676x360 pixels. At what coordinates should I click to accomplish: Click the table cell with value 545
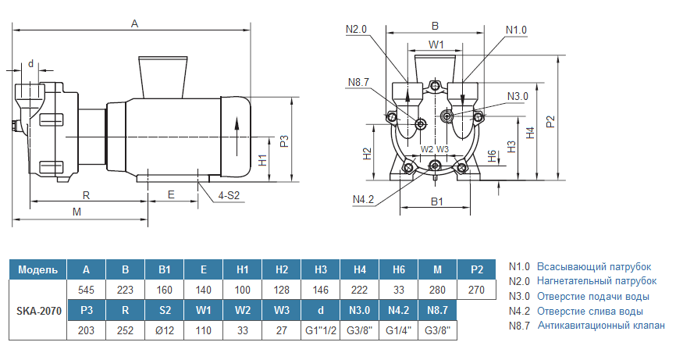pos(86,290)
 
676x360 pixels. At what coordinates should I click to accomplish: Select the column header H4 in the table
pos(359,269)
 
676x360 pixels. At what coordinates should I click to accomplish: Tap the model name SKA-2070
pos(37,310)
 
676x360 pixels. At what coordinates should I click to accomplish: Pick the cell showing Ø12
pos(164,330)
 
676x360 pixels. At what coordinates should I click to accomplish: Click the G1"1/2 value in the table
pos(320,330)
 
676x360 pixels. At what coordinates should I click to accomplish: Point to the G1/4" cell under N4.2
pos(398,330)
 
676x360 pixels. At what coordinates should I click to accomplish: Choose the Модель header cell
pos(37,269)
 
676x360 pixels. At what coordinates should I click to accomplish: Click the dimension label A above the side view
pos(134,24)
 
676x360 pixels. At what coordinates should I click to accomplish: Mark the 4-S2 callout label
pos(228,195)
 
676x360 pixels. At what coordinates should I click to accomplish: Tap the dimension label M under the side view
pos(76,212)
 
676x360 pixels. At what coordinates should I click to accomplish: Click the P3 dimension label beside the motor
pos(285,141)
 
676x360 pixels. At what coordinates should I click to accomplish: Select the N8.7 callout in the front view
pos(359,82)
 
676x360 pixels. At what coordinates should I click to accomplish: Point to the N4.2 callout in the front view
pos(364,199)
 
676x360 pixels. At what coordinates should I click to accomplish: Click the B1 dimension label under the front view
pos(437,201)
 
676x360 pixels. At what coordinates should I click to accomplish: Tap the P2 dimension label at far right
pos(551,122)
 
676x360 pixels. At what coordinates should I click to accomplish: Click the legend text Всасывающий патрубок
pos(593,266)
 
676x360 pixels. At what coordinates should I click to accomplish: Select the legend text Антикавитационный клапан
pos(601,326)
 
